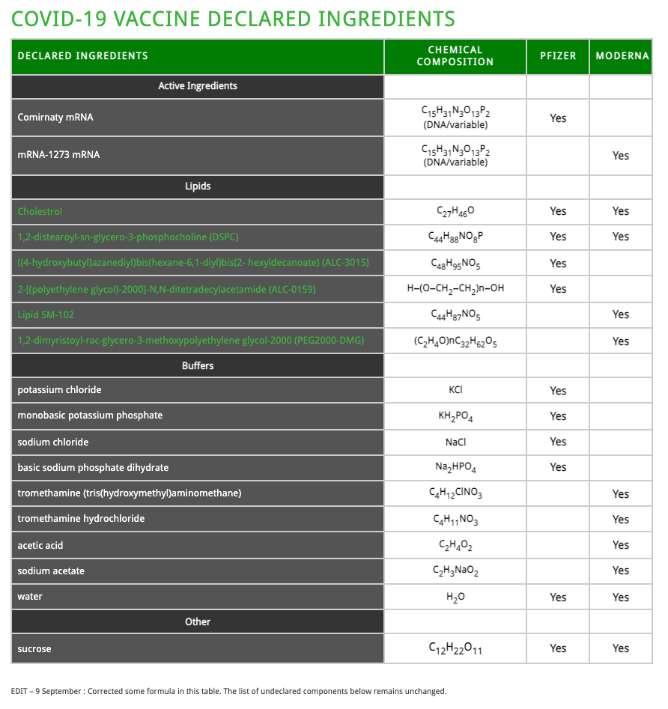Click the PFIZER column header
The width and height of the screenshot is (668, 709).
point(558,56)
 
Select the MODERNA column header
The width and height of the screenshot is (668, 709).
point(622,56)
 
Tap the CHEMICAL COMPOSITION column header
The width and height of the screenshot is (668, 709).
point(455,56)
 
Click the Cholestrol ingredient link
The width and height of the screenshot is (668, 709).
point(40,212)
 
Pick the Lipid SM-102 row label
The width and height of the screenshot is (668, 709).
point(46,314)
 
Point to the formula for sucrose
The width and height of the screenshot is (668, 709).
point(455,648)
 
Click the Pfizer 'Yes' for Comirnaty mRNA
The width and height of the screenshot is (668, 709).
point(558,118)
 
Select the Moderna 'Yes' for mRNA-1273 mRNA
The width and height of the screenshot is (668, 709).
point(621,156)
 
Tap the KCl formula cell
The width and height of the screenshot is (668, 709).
point(455,390)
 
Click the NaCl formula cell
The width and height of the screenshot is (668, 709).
point(455,442)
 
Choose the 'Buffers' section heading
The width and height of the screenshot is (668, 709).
point(198,366)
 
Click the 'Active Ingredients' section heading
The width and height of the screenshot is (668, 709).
point(198,86)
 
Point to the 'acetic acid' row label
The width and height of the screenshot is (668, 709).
point(40,546)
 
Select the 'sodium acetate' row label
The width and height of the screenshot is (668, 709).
point(51,571)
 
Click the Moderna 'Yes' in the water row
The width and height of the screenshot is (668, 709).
point(621,597)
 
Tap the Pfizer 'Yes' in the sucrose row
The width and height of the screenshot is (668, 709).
point(558,648)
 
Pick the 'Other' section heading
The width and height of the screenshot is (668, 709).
point(198,622)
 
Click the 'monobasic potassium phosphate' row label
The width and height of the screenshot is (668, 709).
point(90,416)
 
